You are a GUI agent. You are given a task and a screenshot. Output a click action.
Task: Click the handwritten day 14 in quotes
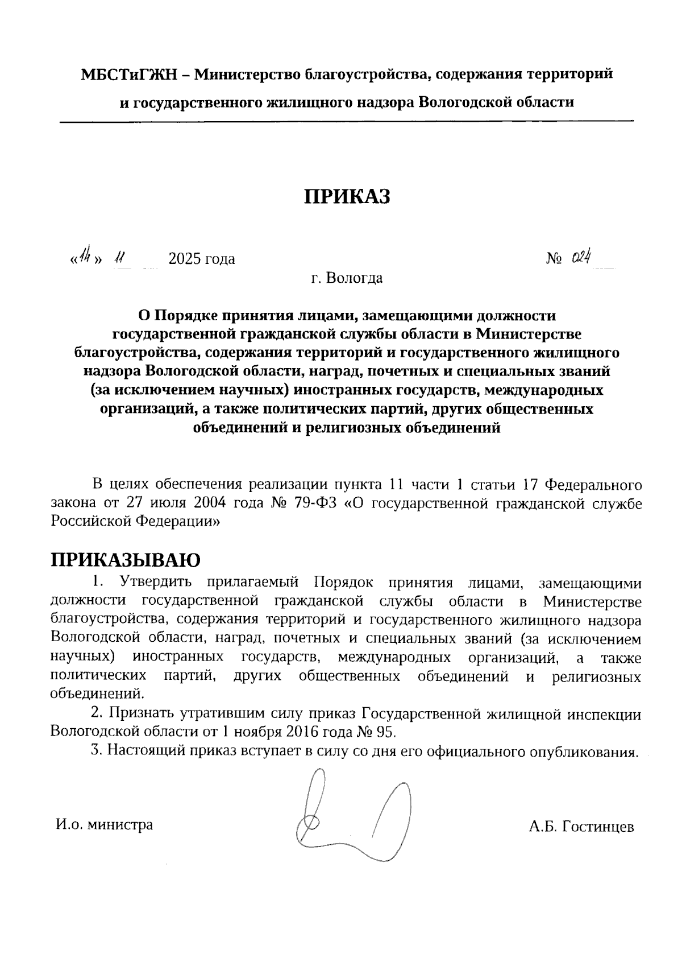click(x=85, y=258)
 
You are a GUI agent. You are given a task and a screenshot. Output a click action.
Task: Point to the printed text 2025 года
click(x=202, y=259)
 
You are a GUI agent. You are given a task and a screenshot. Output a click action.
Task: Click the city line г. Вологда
click(x=347, y=278)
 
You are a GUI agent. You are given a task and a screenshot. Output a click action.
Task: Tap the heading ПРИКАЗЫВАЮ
click(x=126, y=560)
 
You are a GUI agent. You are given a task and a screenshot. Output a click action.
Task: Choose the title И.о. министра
click(x=104, y=824)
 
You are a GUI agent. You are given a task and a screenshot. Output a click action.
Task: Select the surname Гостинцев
click(x=598, y=827)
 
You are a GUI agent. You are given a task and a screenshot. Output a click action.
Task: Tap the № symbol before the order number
click(x=554, y=259)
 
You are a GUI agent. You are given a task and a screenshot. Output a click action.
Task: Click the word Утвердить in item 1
click(x=155, y=583)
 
